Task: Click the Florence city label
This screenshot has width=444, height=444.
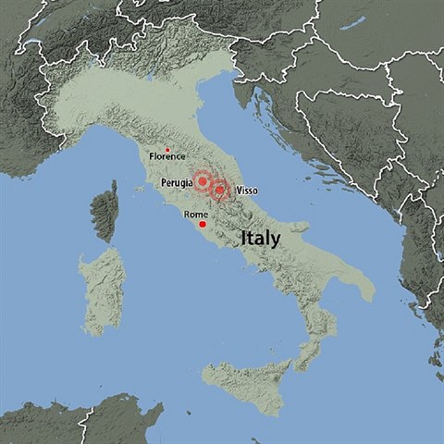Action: pyautogui.click(x=167, y=157)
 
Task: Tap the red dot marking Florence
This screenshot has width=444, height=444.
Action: pyautogui.click(x=167, y=149)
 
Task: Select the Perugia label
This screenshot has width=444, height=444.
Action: pyautogui.click(x=176, y=183)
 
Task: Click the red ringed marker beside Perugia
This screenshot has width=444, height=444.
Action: pyautogui.click(x=202, y=182)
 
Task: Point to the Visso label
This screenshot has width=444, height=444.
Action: pyautogui.click(x=247, y=190)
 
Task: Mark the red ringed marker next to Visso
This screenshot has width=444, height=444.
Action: pyautogui.click(x=220, y=191)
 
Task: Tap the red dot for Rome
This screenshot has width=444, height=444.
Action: pyautogui.click(x=202, y=224)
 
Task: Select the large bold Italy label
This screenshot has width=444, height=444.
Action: pyautogui.click(x=260, y=238)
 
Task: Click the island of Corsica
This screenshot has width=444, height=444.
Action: pyautogui.click(x=105, y=211)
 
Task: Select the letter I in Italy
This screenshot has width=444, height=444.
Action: pyautogui.click(x=243, y=238)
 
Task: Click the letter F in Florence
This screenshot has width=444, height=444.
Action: pyautogui.click(x=152, y=157)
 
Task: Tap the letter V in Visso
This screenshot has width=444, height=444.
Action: pyautogui.click(x=239, y=190)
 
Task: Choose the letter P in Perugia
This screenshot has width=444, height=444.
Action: pyautogui.click(x=163, y=183)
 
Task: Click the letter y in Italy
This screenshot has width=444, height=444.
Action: pyautogui.click(x=276, y=240)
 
